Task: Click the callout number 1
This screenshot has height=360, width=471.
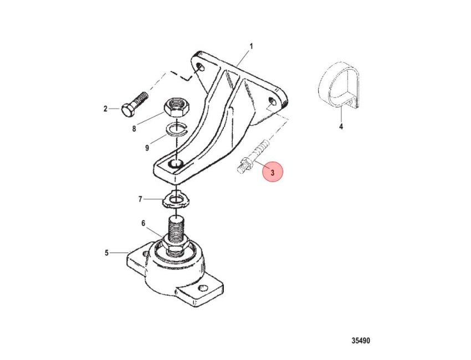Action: [251, 47]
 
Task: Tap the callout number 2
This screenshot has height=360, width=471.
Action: [105, 109]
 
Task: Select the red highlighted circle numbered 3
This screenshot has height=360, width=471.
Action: [273, 172]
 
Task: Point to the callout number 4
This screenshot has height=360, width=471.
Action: [341, 127]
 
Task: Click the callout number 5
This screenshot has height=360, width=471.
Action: [106, 253]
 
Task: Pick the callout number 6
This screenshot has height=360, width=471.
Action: [144, 223]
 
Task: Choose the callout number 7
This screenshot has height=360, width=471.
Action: [140, 199]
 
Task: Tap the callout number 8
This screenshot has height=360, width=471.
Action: [134, 129]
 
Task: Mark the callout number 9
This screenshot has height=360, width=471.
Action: [147, 148]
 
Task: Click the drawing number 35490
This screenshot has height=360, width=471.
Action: [361, 341]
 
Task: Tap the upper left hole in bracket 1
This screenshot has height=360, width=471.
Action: [199, 67]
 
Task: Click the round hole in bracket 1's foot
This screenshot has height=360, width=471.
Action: [176, 163]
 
